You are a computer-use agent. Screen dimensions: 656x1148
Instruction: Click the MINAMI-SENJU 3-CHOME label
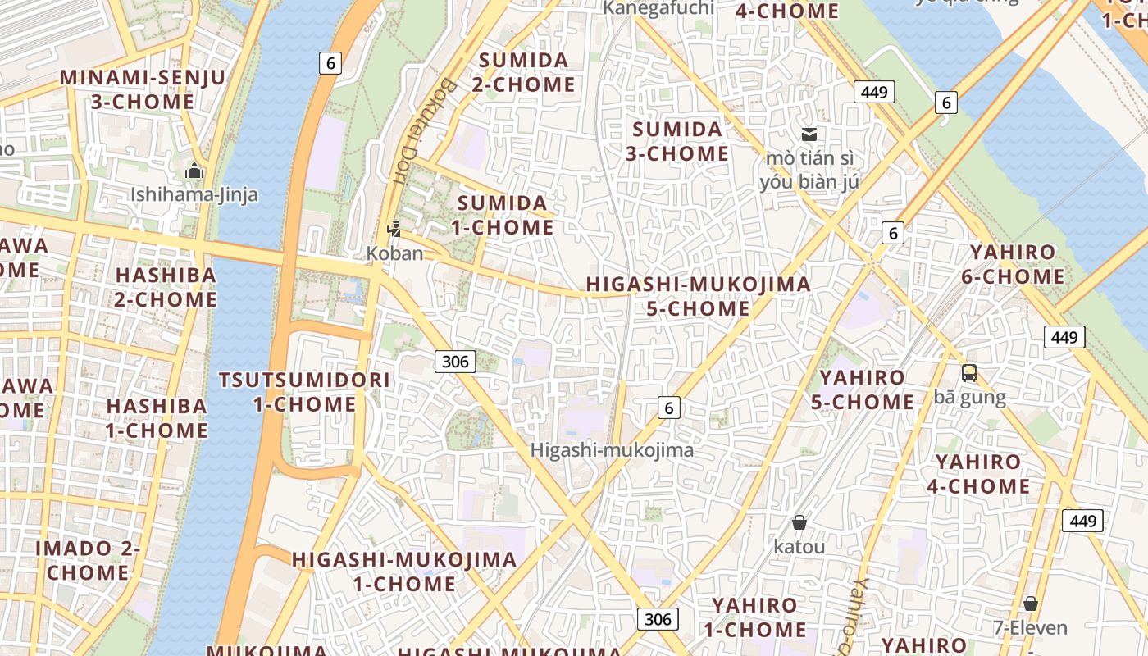[142, 90]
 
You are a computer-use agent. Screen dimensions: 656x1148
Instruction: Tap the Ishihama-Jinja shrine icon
[194, 171]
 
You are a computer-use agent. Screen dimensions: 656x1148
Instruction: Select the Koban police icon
[395, 230]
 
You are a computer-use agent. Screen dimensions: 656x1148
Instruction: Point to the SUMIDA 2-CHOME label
[524, 72]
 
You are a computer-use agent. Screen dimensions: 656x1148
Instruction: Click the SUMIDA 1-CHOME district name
[503, 215]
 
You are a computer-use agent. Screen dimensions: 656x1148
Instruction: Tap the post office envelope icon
[809, 134]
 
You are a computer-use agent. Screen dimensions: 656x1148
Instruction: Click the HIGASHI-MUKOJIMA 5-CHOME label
[698, 296]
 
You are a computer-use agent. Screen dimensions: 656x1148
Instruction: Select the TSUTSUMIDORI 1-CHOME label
[304, 392]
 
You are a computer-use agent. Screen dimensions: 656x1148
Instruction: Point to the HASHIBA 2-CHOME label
[166, 287]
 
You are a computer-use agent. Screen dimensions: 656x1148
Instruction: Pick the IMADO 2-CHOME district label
[88, 560]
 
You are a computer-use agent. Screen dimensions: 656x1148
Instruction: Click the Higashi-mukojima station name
[612, 450]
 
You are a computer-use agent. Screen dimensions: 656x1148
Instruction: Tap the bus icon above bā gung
[969, 373]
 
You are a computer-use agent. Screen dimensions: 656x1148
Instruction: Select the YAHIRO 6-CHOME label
[1013, 264]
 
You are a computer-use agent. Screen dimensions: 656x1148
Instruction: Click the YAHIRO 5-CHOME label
[862, 389]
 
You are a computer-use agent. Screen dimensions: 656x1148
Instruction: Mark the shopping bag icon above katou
[799, 522]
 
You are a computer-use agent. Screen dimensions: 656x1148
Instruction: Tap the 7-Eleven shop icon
[1031, 604]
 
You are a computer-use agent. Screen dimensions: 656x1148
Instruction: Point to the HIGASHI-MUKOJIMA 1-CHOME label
[404, 572]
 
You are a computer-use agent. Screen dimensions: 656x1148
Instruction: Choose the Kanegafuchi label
[658, 8]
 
